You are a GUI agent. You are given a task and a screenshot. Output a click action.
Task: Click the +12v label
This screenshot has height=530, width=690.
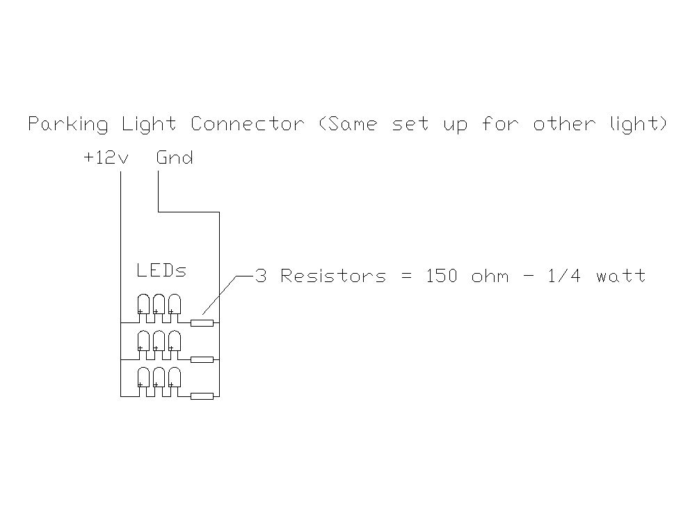click(x=106, y=157)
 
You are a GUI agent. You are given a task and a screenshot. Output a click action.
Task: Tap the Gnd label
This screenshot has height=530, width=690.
click(x=175, y=157)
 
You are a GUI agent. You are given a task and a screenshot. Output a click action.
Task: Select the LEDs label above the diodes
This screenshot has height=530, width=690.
click(x=161, y=270)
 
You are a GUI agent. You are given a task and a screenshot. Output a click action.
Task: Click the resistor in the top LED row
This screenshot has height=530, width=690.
click(x=202, y=323)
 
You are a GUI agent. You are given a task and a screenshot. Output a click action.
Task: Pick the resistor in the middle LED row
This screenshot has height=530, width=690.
click(x=202, y=359)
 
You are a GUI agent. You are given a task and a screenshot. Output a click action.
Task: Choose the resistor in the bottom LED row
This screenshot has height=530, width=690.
click(x=202, y=396)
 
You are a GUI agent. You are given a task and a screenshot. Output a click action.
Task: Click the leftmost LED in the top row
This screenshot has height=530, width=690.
click(x=143, y=304)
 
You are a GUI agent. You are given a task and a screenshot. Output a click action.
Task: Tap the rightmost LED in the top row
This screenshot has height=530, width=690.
click(x=175, y=304)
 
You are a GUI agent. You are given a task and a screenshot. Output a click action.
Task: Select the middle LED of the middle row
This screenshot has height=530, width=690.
click(x=159, y=341)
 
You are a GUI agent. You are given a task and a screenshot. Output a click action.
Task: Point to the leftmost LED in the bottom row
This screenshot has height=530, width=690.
click(x=143, y=377)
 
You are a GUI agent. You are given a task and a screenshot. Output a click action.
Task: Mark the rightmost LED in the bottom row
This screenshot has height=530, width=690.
click(x=175, y=377)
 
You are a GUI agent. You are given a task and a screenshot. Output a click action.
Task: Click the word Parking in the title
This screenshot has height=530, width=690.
click(x=67, y=124)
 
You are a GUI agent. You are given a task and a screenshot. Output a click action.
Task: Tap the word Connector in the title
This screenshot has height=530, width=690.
click(x=248, y=124)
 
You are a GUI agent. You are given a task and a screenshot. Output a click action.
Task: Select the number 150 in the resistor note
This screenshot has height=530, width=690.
click(x=442, y=276)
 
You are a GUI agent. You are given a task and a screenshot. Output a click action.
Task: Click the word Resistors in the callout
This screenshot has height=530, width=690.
click(x=333, y=276)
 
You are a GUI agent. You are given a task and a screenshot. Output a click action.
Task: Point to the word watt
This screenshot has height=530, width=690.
click(x=621, y=276)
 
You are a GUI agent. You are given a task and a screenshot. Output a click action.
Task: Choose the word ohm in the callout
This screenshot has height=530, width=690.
click(x=490, y=276)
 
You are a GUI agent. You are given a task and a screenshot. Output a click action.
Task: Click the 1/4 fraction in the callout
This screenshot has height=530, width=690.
click(x=565, y=276)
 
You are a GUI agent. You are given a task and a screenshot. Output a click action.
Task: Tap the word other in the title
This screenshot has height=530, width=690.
click(x=565, y=124)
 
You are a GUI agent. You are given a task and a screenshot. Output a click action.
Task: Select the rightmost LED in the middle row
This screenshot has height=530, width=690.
click(x=175, y=341)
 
